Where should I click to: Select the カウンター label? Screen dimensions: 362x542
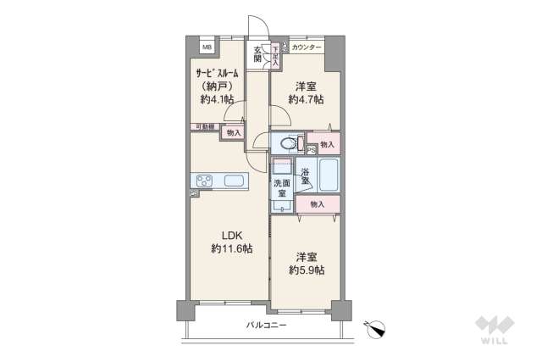(x=307, y=47)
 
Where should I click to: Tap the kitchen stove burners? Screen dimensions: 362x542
(x=206, y=180)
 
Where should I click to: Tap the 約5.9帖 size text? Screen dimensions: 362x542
(x=307, y=270)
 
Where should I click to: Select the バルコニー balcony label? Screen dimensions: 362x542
(x=266, y=325)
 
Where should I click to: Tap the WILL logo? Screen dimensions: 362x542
(x=495, y=331)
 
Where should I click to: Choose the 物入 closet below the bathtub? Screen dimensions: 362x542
(x=317, y=204)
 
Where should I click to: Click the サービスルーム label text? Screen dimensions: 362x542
(x=215, y=73)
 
